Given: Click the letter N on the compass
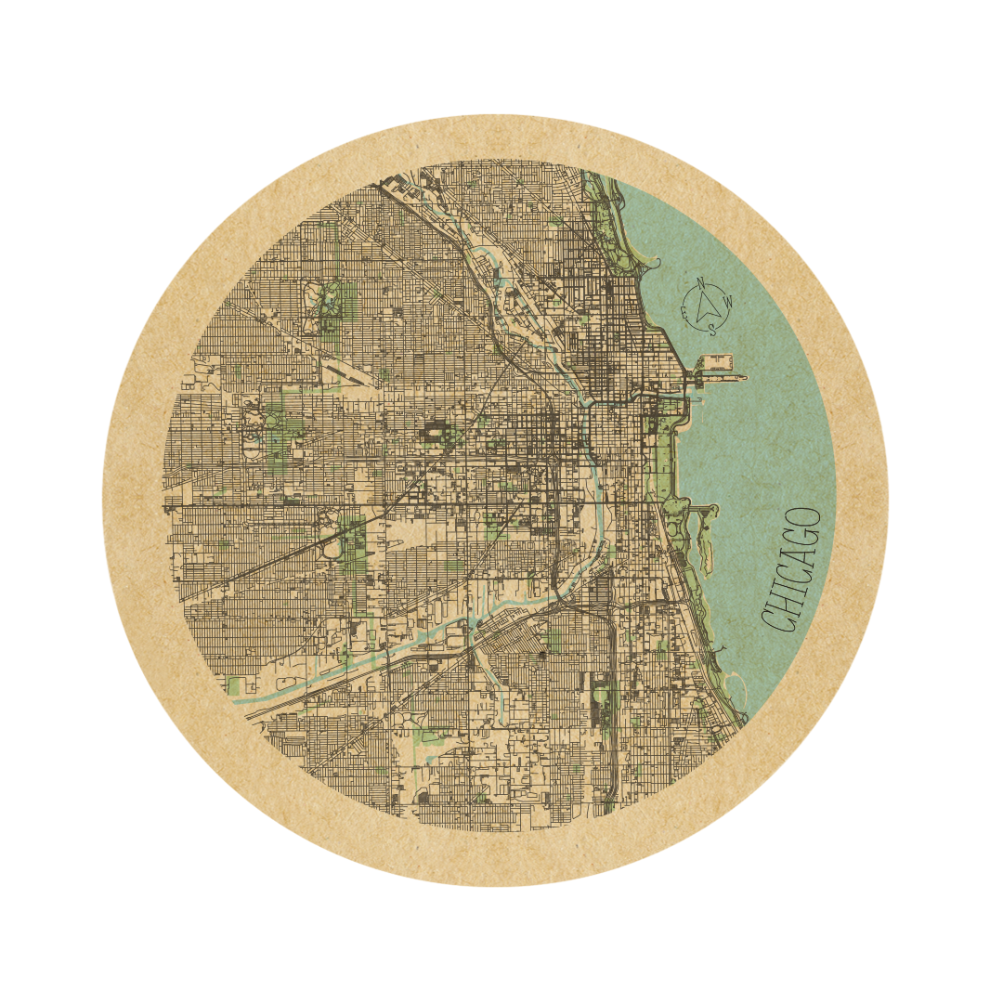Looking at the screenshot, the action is [701, 283].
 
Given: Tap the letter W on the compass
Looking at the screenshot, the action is [729, 300].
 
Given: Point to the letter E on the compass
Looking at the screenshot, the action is [684, 315].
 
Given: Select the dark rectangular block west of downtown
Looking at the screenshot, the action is [435, 431].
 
